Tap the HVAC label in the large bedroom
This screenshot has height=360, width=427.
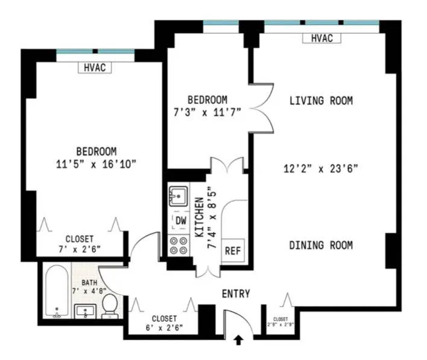click(95, 68)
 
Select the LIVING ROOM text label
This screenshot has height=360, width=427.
click(321, 101)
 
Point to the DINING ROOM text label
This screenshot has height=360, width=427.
click(321, 245)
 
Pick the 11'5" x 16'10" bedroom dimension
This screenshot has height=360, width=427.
click(96, 163)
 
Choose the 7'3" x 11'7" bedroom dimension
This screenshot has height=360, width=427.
click(207, 112)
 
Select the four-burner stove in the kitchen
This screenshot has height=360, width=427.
click(179, 245)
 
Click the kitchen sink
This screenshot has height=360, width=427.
click(179, 196)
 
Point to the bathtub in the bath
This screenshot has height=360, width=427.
click(58, 291)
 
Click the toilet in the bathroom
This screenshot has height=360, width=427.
click(110, 304)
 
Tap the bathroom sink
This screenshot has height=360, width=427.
click(86, 311)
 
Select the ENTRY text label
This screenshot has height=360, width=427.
click(236, 294)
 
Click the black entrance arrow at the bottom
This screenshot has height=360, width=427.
click(238, 341)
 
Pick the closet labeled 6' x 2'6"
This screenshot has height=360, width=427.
click(164, 323)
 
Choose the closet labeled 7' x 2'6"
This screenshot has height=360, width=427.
click(83, 243)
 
